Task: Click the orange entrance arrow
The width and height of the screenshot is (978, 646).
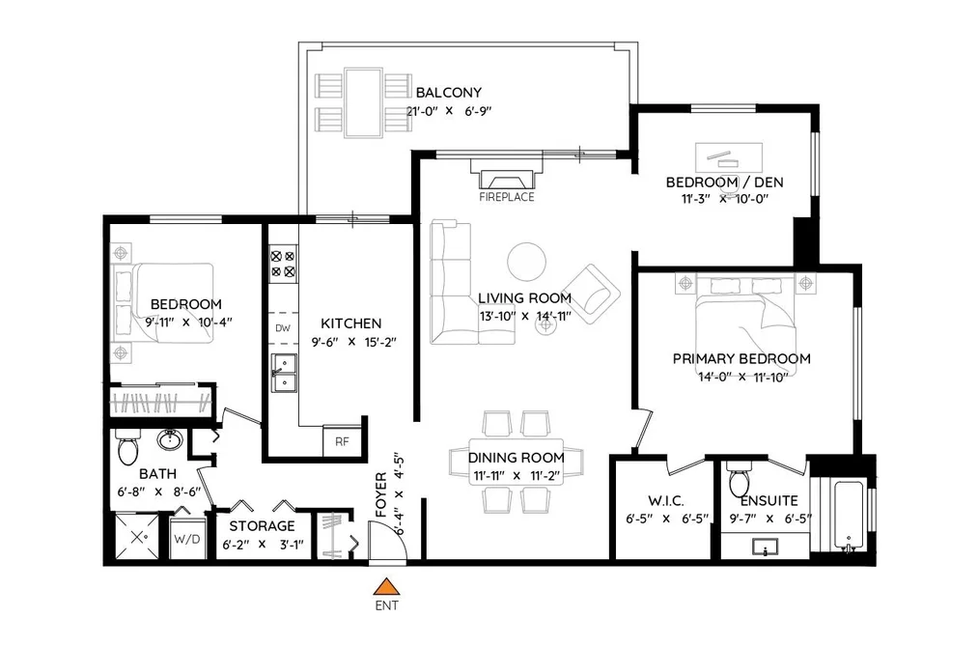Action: [x=387, y=587]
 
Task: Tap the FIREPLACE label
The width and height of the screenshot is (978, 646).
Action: [x=507, y=197]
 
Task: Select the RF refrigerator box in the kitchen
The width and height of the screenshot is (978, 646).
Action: [x=342, y=441]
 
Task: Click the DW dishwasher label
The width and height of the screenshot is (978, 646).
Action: [x=283, y=328]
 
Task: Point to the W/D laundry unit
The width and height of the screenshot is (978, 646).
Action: [x=187, y=538]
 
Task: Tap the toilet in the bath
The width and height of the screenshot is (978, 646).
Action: [x=127, y=447]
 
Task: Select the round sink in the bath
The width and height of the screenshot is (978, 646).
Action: [x=169, y=439]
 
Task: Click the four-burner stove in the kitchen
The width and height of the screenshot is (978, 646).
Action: [x=283, y=264]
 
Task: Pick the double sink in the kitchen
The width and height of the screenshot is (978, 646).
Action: [x=284, y=373]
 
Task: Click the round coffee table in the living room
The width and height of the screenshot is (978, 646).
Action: [x=526, y=262]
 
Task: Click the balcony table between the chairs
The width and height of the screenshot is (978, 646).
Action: [x=363, y=102]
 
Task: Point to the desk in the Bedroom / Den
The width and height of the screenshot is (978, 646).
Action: [x=729, y=157]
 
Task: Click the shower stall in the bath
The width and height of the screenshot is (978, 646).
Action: [x=138, y=536]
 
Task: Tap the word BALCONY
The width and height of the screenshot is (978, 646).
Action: [x=449, y=93]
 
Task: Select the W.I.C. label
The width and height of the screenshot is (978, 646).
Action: [x=666, y=501]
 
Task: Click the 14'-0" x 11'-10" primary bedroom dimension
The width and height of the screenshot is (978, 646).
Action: [x=742, y=377]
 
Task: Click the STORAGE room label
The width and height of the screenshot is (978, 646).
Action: [x=262, y=525]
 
